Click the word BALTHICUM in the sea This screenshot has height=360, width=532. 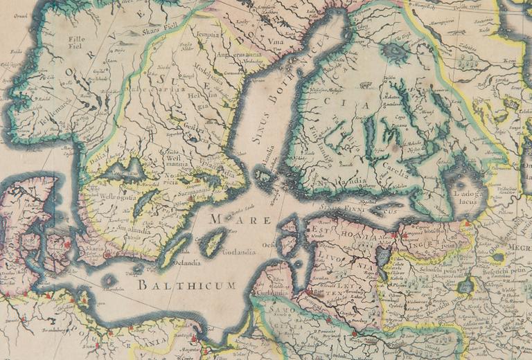click(x=186, y=285)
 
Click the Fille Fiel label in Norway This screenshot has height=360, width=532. click(x=77, y=44)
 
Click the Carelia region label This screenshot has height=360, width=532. click(x=394, y=173)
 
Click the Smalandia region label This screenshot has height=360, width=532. click(x=132, y=225)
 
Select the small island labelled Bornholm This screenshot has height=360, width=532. click(x=109, y=280)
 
